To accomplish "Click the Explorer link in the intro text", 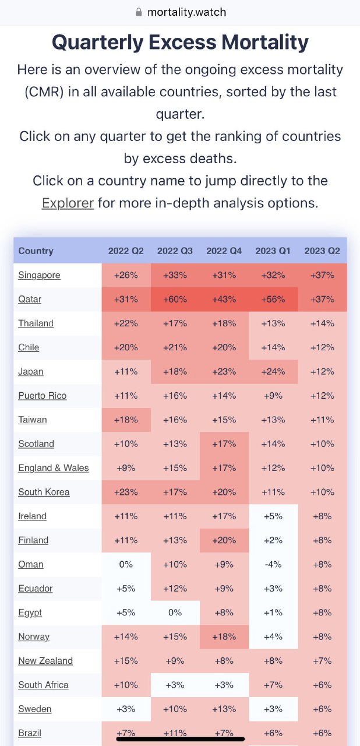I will (68, 203).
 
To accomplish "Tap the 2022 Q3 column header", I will (175, 251).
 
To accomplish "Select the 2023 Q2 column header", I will (322, 251).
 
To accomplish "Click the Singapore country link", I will (39, 275).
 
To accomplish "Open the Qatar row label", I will (30, 300).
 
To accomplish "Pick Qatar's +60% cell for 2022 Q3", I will (175, 300).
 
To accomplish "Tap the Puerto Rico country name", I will (42, 396).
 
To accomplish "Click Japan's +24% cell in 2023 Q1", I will (273, 372).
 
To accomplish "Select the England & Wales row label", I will (54, 468).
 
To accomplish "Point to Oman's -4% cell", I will (273, 565).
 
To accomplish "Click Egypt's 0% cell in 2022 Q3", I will (175, 613).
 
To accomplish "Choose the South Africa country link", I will (43, 685).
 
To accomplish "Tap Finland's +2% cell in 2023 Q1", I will (273, 540).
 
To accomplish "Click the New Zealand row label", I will (45, 661).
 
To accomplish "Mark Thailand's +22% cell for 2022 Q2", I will (126, 323).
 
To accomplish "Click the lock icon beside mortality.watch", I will (139, 12).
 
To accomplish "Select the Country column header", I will (36, 251).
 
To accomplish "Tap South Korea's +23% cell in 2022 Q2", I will (126, 492).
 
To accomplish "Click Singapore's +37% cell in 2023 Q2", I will (322, 275).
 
